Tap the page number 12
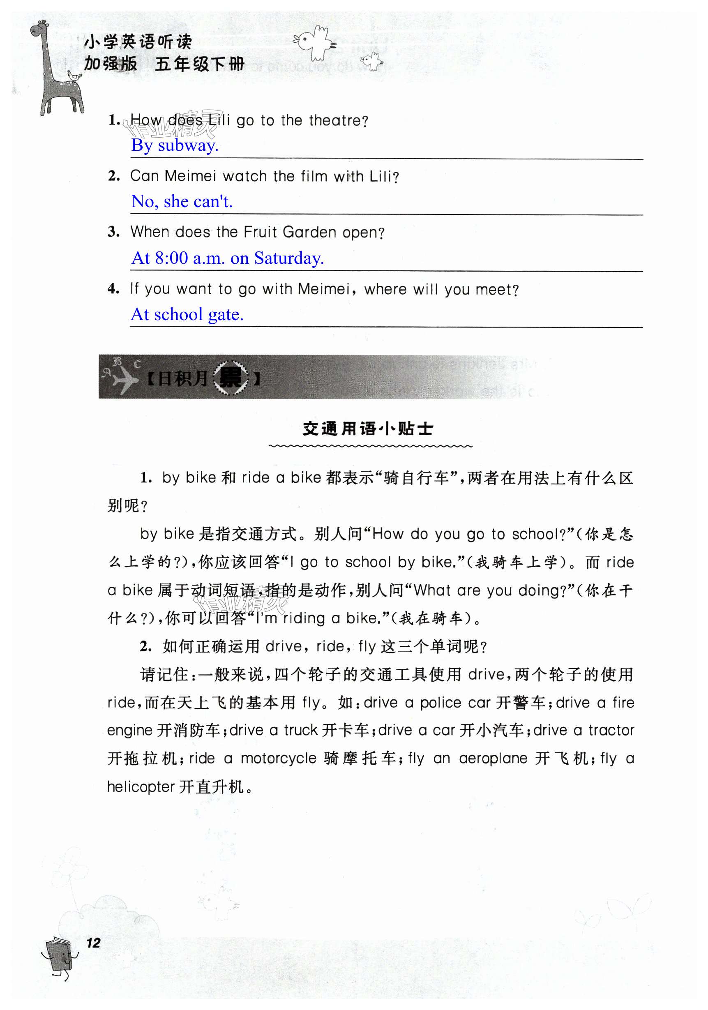pos(93,943)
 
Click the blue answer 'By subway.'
pos(175,145)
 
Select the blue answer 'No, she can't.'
pos(182,201)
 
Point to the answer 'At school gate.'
pos(187,314)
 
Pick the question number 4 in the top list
pos(113,289)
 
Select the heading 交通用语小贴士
pos(368,429)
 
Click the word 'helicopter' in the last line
pos(141,786)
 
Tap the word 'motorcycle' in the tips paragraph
pos(278,759)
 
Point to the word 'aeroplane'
pos(493,759)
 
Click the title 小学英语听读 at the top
pos(138,42)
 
